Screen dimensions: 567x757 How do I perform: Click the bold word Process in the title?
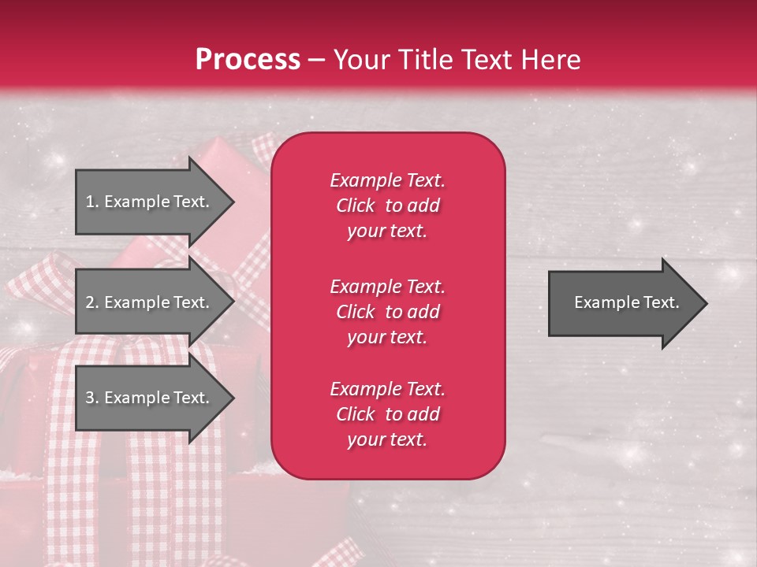tap(248, 60)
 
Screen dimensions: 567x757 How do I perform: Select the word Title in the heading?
tap(427, 60)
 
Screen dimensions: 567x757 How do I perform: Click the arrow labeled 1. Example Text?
tap(147, 202)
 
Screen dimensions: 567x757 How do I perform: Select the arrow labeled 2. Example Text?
tap(147, 302)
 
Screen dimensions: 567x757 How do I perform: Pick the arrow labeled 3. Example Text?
tap(147, 398)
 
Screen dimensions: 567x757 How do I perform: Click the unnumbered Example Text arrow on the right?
tap(626, 302)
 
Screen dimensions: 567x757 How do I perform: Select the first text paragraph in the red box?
tap(387, 206)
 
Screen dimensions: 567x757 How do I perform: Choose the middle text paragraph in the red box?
tap(387, 311)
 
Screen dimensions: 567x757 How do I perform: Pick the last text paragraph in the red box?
tap(387, 414)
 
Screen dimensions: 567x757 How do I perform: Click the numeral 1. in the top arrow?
tap(91, 202)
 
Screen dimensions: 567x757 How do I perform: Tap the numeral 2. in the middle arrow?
tap(91, 302)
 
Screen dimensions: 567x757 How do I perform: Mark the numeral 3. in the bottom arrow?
tap(91, 398)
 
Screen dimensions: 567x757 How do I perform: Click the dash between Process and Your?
tap(317, 61)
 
